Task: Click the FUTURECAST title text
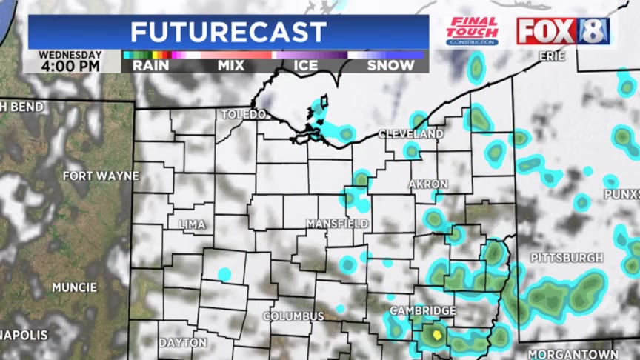pyautogui.click(x=228, y=32)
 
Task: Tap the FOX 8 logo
pyautogui.click(x=563, y=31)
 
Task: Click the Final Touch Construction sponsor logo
pyautogui.click(x=473, y=31)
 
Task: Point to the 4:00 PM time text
pyautogui.click(x=70, y=67)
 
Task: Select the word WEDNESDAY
pyautogui.click(x=70, y=54)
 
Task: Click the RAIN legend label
pyautogui.click(x=150, y=65)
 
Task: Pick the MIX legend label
pyautogui.click(x=231, y=65)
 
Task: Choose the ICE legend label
pyautogui.click(x=305, y=65)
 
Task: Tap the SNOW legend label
pyautogui.click(x=387, y=65)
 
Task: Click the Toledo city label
pyautogui.click(x=244, y=115)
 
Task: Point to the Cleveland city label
pyautogui.click(x=411, y=134)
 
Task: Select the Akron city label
pyautogui.click(x=428, y=184)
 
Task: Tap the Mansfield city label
pyautogui.click(x=338, y=223)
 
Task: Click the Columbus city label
pyautogui.click(x=294, y=316)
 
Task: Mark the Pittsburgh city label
pyautogui.click(x=567, y=258)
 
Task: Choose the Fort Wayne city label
pyautogui.click(x=101, y=176)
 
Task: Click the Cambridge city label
pyautogui.click(x=423, y=310)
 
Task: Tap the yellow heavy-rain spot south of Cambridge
pyautogui.click(x=437, y=335)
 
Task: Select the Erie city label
pyautogui.click(x=552, y=56)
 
